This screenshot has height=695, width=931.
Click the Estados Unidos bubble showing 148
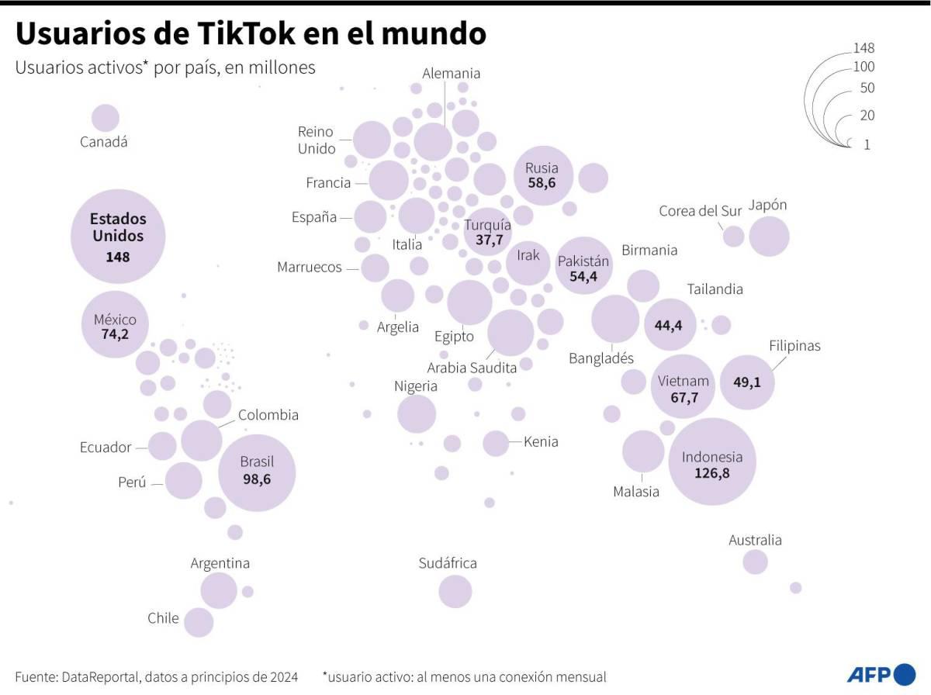pyautogui.click(x=118, y=237)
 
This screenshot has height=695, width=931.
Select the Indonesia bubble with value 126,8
pyautogui.click(x=712, y=462)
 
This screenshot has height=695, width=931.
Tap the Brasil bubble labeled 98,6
pyautogui.click(x=257, y=472)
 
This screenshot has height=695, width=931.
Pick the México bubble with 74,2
pyautogui.click(x=115, y=325)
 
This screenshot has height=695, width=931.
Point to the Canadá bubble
pyautogui.click(x=106, y=119)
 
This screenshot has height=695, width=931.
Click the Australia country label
pyautogui.click(x=755, y=540)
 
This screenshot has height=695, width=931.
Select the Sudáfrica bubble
pyautogui.click(x=455, y=592)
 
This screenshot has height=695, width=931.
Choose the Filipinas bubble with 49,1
pyautogui.click(x=747, y=381)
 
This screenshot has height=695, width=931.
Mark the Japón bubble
pyautogui.click(x=769, y=237)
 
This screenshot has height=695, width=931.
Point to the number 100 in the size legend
pyautogui.click(x=864, y=67)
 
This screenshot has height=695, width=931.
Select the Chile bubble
pyautogui.click(x=199, y=622)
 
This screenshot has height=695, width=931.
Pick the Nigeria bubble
pyautogui.click(x=417, y=413)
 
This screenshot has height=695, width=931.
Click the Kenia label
pyautogui.click(x=541, y=442)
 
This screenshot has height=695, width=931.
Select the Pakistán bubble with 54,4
pyautogui.click(x=583, y=265)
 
